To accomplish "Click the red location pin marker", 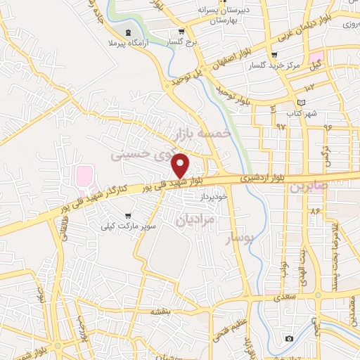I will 181,165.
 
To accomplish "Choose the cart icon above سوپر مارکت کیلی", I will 127,216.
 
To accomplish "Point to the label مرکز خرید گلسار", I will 287,66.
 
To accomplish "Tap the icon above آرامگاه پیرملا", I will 128,32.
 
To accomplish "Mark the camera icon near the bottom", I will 289,339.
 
